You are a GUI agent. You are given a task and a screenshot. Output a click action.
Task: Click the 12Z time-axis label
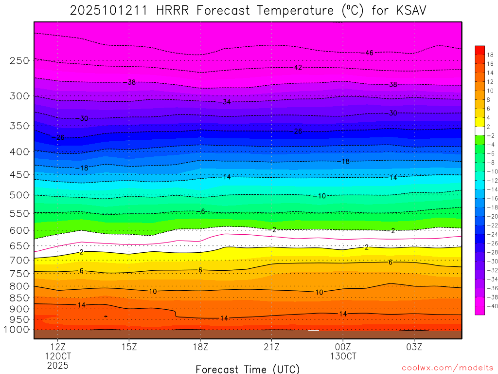[58, 347]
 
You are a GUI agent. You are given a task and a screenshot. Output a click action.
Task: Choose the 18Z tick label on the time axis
[200, 347]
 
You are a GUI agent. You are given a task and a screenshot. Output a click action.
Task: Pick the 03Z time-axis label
[414, 347]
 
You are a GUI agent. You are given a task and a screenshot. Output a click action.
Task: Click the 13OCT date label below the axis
[343, 356]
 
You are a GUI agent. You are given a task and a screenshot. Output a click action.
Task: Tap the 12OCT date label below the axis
[58, 356]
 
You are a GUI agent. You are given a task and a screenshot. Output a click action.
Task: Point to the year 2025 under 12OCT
[58, 365]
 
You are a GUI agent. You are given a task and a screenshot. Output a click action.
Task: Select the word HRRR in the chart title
[174, 11]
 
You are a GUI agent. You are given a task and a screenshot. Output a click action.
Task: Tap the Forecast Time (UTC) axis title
[248, 369]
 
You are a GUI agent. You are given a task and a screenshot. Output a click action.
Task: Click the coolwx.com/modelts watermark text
[447, 368]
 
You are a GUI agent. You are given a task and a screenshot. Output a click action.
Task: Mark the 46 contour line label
[369, 53]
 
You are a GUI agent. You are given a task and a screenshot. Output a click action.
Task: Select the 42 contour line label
[298, 67]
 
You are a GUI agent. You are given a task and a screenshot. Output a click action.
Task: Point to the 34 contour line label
[227, 102]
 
